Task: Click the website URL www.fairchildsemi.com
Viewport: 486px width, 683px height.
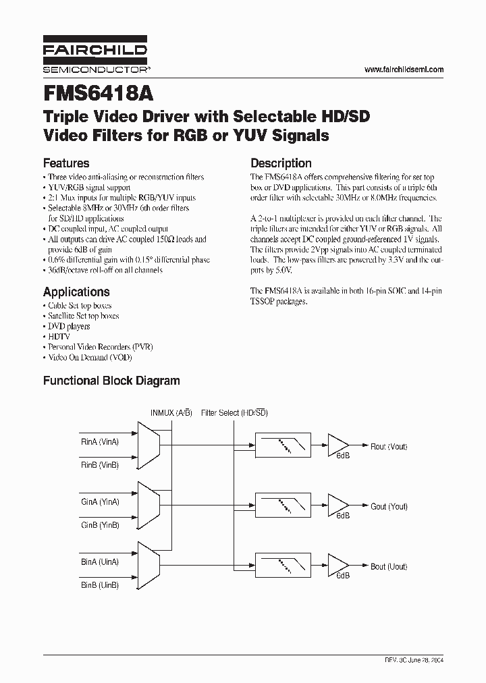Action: [x=404, y=70]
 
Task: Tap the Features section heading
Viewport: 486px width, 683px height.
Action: [x=66, y=163]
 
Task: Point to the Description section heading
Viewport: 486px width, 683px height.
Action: [x=281, y=163]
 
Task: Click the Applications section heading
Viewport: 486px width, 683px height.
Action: [x=76, y=292]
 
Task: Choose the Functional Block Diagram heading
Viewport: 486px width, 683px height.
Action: [x=111, y=381]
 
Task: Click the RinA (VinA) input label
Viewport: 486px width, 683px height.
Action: [x=100, y=442]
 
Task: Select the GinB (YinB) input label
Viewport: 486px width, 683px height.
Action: [x=100, y=525]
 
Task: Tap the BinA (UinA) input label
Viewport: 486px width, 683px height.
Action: [x=100, y=562]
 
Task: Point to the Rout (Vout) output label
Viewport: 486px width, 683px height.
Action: [x=389, y=447]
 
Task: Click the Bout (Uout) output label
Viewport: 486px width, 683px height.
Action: [x=389, y=567]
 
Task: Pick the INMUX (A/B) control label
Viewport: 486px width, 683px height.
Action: [x=171, y=413]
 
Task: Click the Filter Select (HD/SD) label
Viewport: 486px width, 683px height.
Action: [x=234, y=413]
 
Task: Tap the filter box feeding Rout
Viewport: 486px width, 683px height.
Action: [x=283, y=446]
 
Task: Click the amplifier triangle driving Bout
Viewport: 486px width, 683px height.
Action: [x=338, y=566]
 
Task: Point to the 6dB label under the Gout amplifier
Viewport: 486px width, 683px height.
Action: [x=343, y=516]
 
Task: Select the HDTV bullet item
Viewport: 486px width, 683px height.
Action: [x=59, y=336]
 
